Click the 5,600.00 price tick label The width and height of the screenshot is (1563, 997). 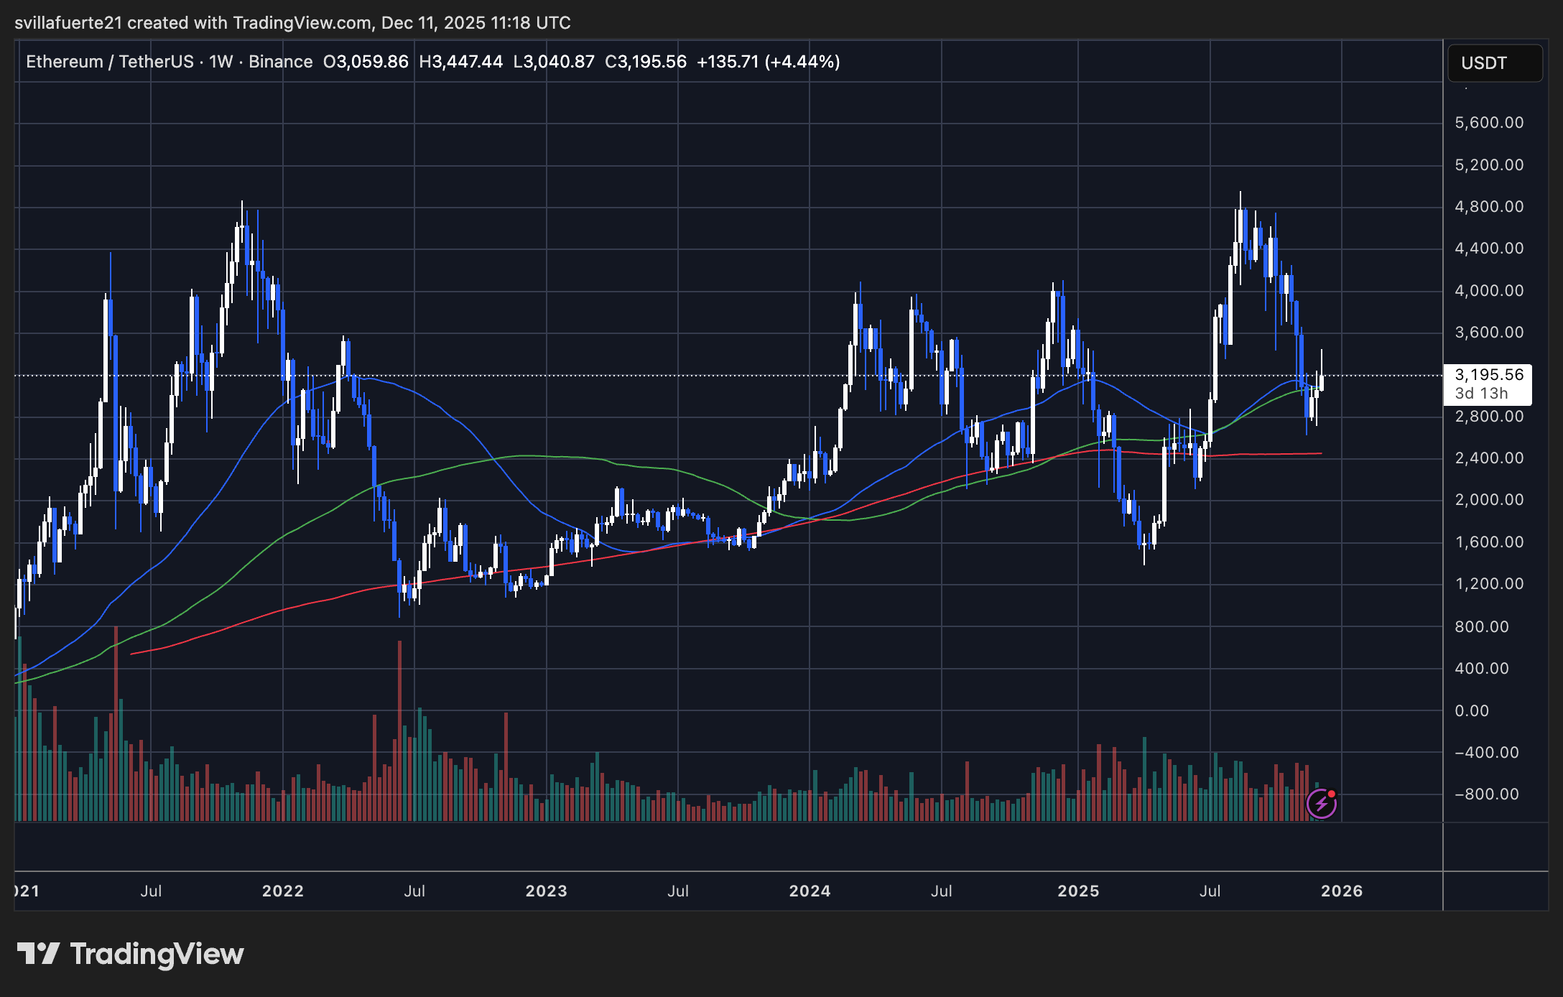click(x=1488, y=123)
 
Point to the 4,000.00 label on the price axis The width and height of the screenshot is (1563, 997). click(x=1488, y=291)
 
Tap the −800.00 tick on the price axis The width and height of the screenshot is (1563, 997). click(x=1486, y=794)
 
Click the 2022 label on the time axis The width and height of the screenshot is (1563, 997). click(x=282, y=891)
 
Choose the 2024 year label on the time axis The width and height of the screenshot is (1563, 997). click(x=810, y=891)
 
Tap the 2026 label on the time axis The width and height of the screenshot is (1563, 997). click(x=1341, y=891)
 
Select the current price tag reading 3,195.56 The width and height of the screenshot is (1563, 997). click(x=1488, y=375)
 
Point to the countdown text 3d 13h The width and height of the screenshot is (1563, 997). click(x=1481, y=394)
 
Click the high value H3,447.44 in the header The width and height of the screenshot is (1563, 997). click(x=460, y=62)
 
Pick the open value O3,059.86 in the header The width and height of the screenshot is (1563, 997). click(x=366, y=62)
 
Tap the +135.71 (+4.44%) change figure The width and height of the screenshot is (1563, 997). click(x=768, y=62)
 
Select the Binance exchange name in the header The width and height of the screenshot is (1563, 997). click(x=280, y=62)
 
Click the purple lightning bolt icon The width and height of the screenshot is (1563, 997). click(x=1321, y=804)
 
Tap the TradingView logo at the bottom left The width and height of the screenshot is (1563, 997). click(x=130, y=954)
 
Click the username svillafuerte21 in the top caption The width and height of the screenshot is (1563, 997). click(x=68, y=23)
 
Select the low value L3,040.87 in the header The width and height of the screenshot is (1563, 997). click(x=554, y=62)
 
